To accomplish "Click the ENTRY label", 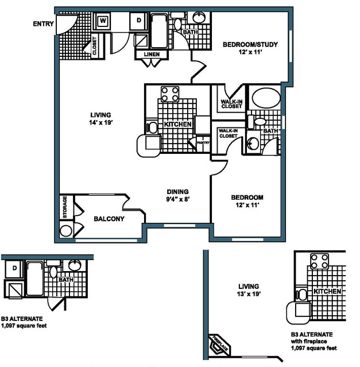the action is point(43,24).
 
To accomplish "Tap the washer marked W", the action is point(103,21).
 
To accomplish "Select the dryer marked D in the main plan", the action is point(139,21).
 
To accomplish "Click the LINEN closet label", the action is point(152,55).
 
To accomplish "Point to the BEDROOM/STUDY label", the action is point(250,44).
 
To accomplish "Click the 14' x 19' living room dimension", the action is point(101,122).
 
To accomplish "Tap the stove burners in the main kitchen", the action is point(170,94).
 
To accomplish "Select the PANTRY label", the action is point(203,142).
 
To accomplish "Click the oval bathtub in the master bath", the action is point(266,98).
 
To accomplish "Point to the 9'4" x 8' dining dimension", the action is point(178,199).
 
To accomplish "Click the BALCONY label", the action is point(109,219).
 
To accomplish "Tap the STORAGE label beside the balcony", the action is point(65,207).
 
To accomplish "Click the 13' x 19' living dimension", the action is point(249,293).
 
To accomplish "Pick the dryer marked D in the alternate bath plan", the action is point(14,268).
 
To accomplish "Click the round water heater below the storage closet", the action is point(66,231).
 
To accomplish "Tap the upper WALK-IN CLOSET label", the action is point(231,104).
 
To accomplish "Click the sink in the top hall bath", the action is point(199,17).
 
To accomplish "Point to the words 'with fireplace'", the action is point(309,341).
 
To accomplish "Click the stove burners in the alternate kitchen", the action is point(319,261).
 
